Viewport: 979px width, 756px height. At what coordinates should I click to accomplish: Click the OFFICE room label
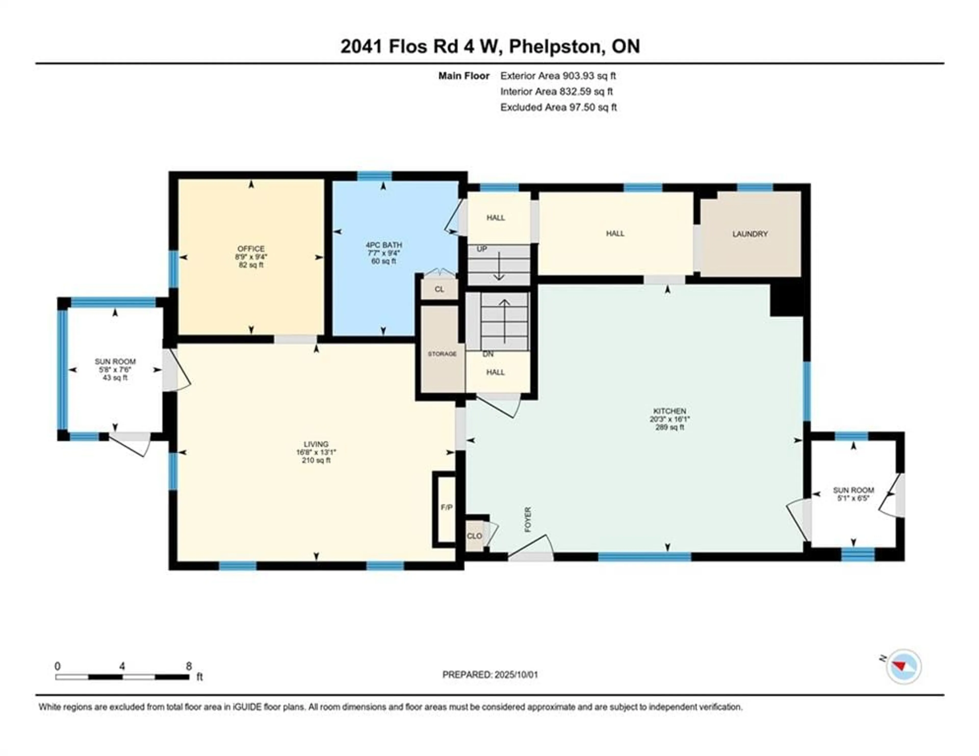pos(251,248)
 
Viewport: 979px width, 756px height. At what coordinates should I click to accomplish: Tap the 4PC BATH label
pos(384,245)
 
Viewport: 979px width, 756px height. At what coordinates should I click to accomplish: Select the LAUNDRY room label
pos(750,234)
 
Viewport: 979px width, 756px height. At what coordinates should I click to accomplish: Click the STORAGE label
pos(442,354)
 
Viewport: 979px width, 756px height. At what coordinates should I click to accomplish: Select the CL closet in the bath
pos(439,289)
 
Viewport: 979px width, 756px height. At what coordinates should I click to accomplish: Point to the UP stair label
pos(482,249)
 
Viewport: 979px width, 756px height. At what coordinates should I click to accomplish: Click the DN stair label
pos(488,354)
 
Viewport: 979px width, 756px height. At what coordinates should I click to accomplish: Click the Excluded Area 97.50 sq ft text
pos(559,107)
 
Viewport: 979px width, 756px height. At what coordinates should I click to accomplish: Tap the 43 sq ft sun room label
pos(115,377)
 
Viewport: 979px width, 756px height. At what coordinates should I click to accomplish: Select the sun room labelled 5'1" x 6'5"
pos(854,494)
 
